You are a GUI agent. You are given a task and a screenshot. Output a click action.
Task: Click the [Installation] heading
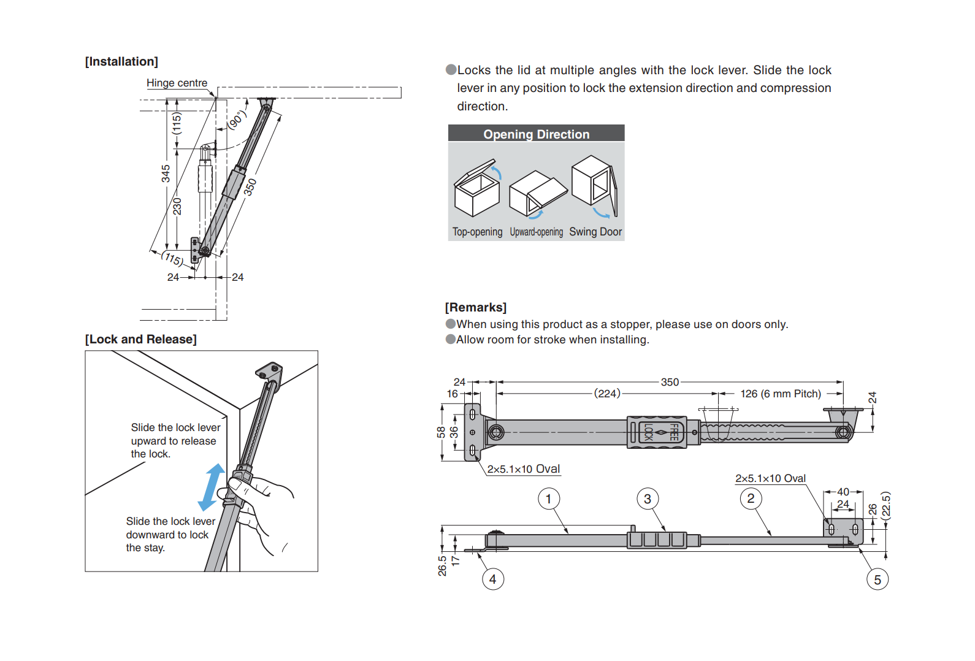pos(121,61)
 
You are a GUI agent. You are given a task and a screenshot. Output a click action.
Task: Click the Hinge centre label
pos(177,83)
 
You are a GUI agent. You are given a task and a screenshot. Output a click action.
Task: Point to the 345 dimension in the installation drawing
pos(166,174)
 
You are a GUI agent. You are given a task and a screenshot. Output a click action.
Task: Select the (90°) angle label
pos(237,120)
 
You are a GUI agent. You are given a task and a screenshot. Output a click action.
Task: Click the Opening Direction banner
pos(536,134)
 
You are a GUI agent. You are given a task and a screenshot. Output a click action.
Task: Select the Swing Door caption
pos(595,232)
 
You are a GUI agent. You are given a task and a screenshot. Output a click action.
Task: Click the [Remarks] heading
pos(475,307)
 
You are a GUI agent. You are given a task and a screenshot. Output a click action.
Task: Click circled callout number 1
pos(548,499)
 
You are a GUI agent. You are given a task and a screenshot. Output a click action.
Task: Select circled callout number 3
pos(647,499)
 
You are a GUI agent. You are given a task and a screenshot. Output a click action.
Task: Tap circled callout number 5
pos(877,579)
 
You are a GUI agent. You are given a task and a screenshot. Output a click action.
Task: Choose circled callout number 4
pos(492,579)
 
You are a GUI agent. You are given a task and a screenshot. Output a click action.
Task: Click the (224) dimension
pos(607,394)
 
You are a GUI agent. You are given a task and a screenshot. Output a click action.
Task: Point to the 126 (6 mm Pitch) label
pos(780,394)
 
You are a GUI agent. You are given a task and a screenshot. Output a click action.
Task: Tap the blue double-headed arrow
pos(212,487)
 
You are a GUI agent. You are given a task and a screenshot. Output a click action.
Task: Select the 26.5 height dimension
pos(442,565)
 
